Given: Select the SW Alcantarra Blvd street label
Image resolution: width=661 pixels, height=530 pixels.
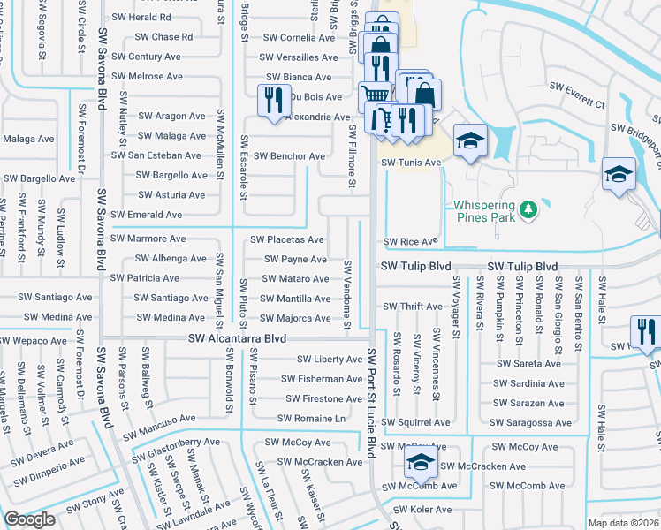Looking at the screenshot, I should click(x=238, y=338).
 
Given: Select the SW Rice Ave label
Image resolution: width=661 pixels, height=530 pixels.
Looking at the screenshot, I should click(x=410, y=241).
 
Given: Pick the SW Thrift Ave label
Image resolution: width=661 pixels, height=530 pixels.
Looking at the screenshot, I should click(x=412, y=307).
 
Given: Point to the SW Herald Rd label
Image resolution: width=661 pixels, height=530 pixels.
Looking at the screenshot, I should click(x=141, y=18).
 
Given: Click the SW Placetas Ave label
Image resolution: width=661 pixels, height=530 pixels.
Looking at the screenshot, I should click(x=286, y=239).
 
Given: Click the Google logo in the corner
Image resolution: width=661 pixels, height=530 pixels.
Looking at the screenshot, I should click(x=29, y=519).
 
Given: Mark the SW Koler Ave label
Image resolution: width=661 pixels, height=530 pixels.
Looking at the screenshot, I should click(x=422, y=510).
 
